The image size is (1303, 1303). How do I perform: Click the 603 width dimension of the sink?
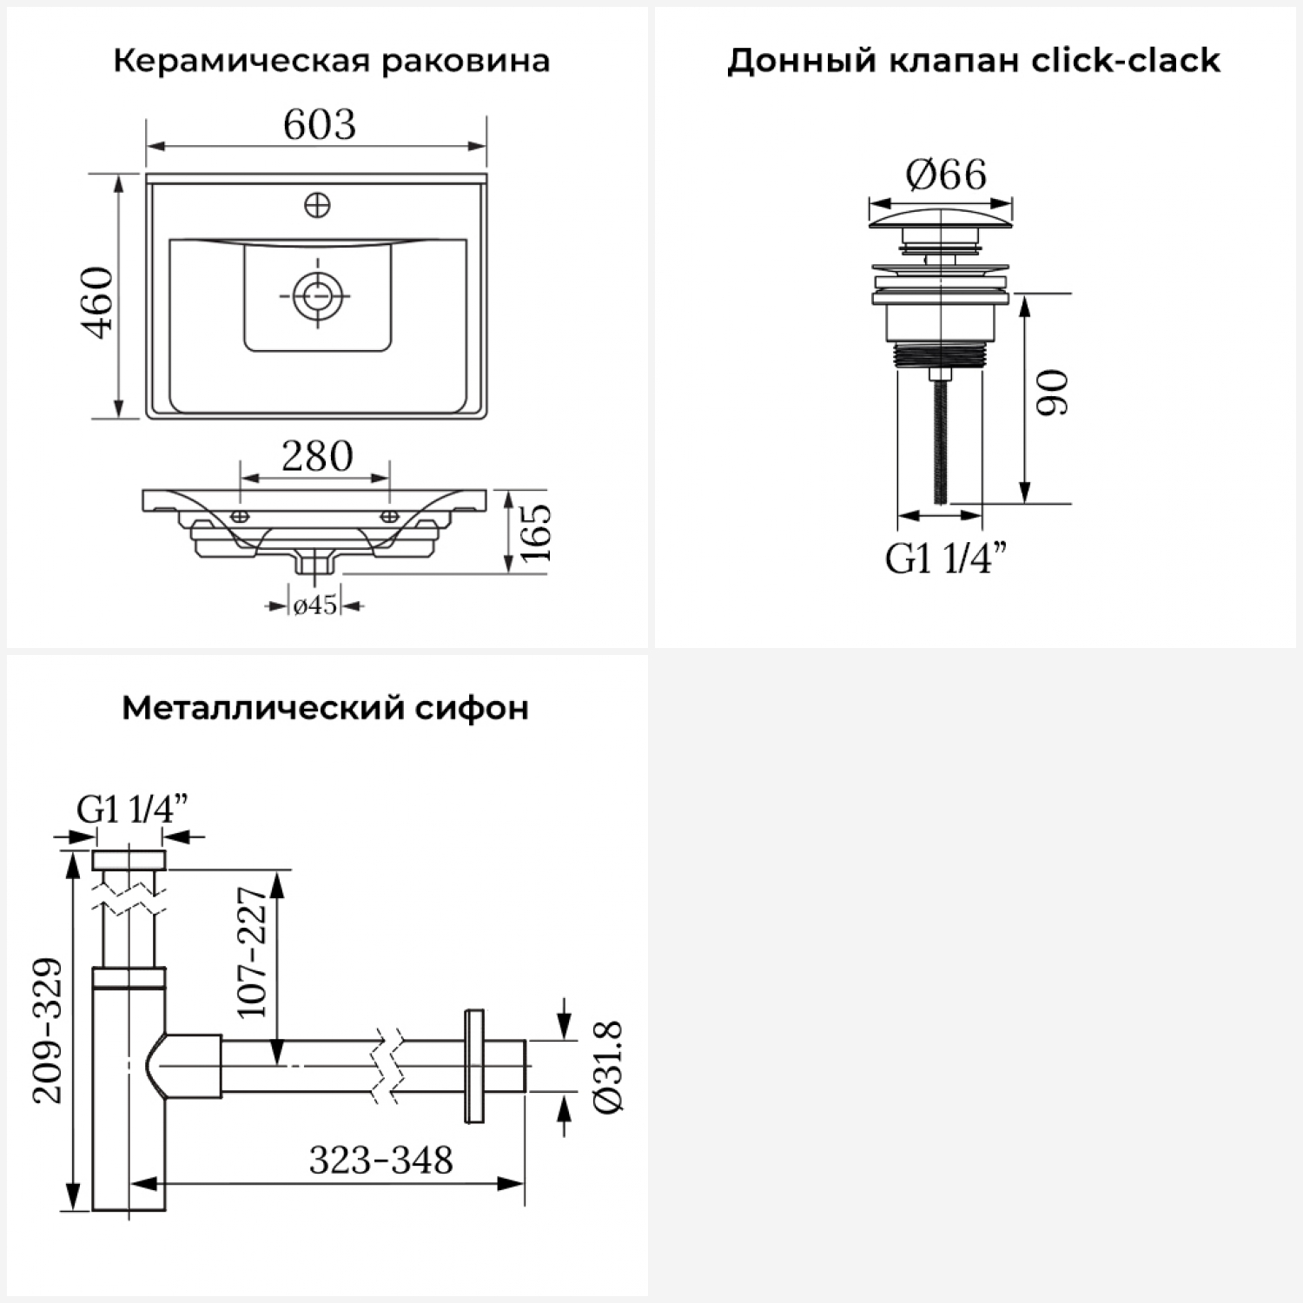319,125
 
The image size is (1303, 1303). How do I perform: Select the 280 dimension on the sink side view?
317,456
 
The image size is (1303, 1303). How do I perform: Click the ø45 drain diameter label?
315,605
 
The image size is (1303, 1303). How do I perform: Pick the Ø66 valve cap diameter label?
946,175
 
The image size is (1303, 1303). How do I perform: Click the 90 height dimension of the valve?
1053,393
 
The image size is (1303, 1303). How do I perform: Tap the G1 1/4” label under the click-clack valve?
946,558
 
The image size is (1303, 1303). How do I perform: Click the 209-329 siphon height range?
49,1031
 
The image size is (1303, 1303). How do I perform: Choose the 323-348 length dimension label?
381,1160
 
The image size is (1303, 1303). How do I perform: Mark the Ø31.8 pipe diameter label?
607,1067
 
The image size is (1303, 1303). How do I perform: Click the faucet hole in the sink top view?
318,206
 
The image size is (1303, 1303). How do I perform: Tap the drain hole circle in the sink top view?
314,295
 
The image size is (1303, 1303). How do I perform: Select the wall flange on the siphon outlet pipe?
474,1067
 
